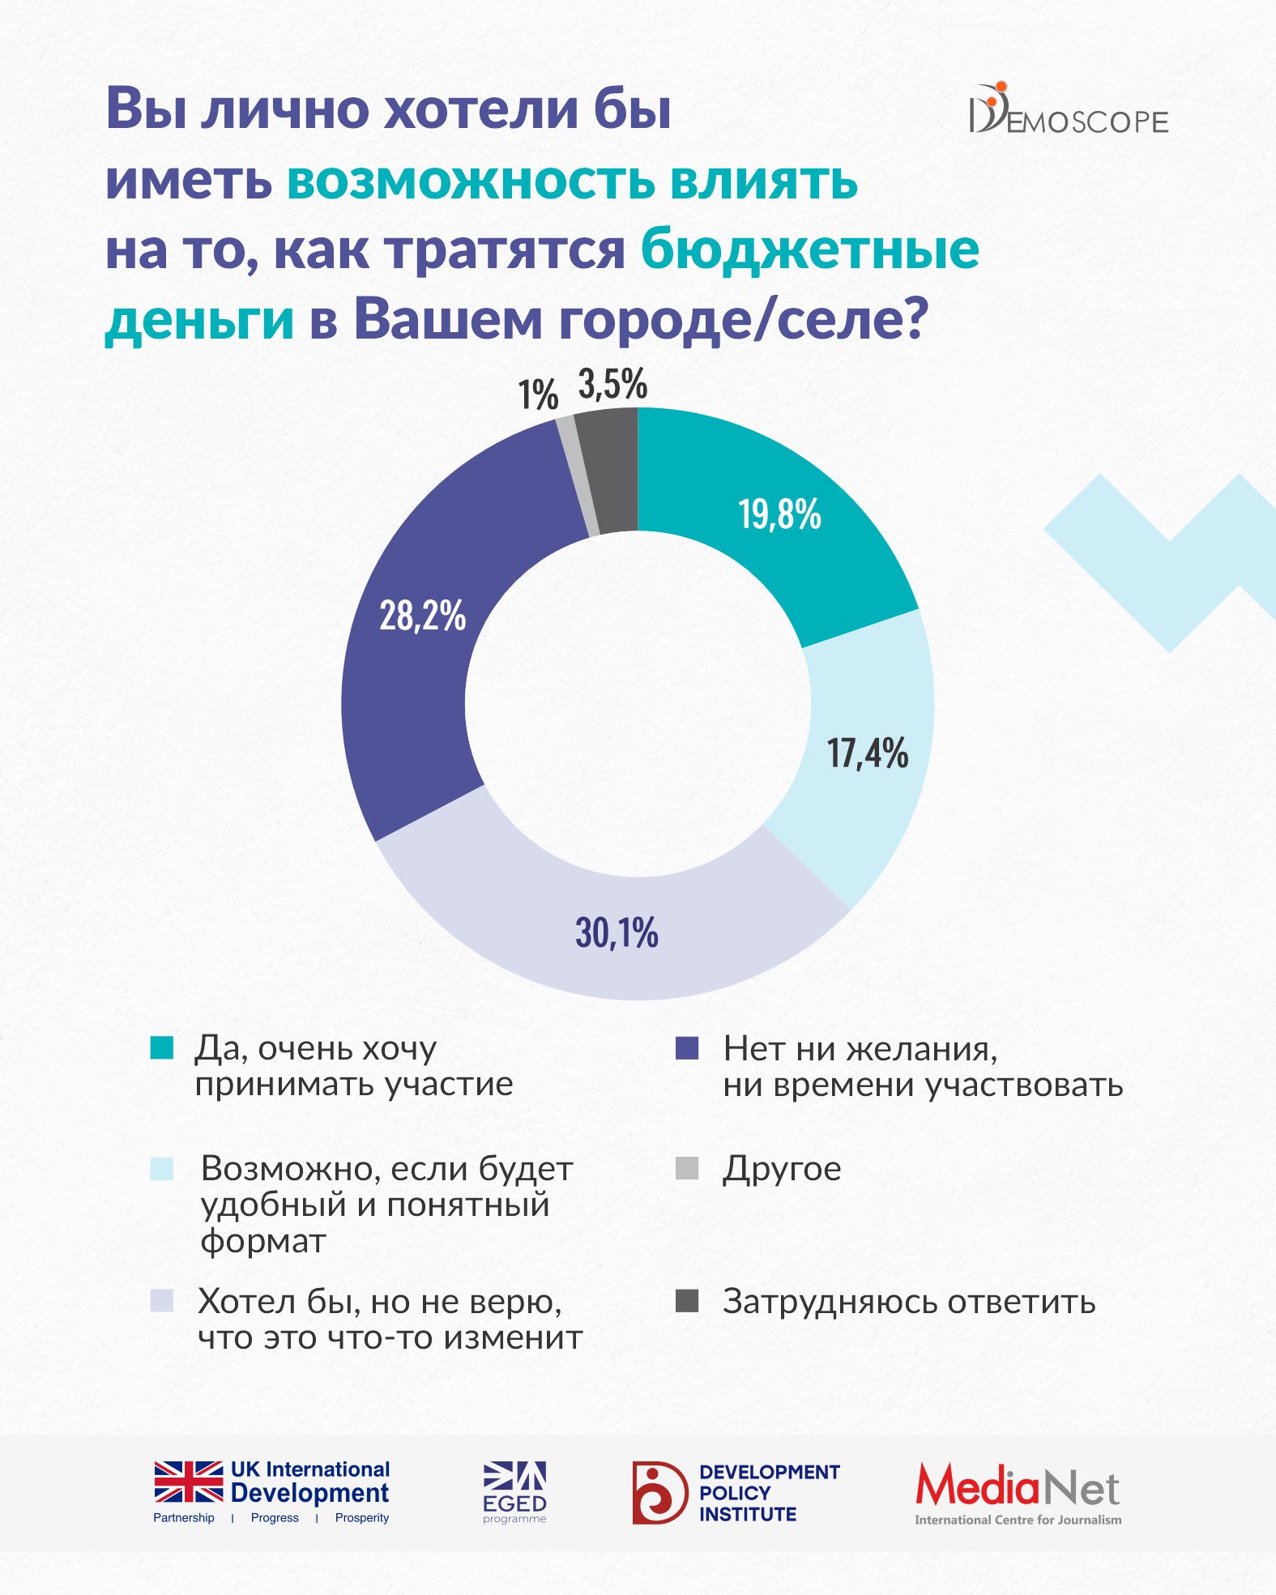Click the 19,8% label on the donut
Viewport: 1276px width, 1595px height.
(779, 514)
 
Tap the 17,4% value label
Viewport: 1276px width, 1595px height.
(868, 753)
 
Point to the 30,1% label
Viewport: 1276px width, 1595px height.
(617, 932)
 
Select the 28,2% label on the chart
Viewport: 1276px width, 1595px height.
(422, 616)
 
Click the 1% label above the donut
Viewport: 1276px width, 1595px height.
(538, 395)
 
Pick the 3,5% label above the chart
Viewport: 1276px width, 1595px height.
(612, 384)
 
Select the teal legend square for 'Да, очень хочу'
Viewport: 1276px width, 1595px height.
(162, 1048)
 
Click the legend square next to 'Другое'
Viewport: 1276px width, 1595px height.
(687, 1168)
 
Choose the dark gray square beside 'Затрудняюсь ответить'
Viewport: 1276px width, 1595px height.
(687, 1301)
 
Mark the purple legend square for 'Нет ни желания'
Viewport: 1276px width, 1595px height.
(687, 1048)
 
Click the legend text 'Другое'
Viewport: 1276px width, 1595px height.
(782, 1169)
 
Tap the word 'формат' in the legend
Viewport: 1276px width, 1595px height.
(263, 1240)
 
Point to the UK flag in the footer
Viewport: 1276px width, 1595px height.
(189, 1482)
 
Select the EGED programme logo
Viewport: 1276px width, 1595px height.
(515, 1492)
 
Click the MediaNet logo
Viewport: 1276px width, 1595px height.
(1018, 1494)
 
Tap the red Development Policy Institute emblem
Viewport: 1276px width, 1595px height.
(659, 1492)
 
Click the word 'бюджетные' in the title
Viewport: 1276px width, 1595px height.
(810, 249)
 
